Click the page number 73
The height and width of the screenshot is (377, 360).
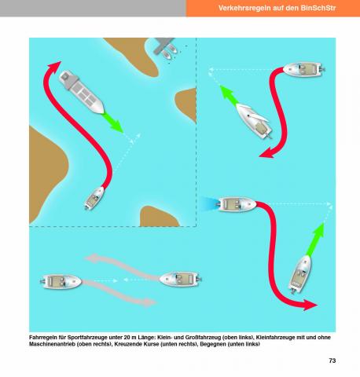pyautogui.click(x=332, y=361)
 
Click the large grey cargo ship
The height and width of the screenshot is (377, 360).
pyautogui.click(x=81, y=92)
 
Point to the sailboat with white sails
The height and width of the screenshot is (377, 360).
pyautogui.click(x=254, y=121)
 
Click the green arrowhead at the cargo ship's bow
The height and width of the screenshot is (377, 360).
pyautogui.click(x=116, y=126)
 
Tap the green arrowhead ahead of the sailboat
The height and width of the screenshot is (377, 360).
pyautogui.click(x=226, y=92)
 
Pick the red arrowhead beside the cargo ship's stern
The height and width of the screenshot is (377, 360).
pyautogui.click(x=53, y=66)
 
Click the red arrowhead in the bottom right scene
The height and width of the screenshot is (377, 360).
pyautogui.click(x=310, y=305)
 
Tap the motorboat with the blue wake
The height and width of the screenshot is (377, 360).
pyautogui.click(x=237, y=204)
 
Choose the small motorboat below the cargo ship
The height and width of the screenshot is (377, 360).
pyautogui.click(x=94, y=198)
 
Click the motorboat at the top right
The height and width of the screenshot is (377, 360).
pyautogui.click(x=304, y=69)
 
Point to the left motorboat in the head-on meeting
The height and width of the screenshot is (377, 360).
pyautogui.click(x=61, y=281)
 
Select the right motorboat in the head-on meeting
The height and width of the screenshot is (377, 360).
pyautogui.click(x=180, y=279)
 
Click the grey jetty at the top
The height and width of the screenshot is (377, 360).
pyautogui.click(x=163, y=45)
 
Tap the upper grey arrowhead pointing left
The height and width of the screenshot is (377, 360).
pyautogui.click(x=92, y=258)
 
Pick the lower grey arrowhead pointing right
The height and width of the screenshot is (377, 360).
pyautogui.click(x=149, y=302)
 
